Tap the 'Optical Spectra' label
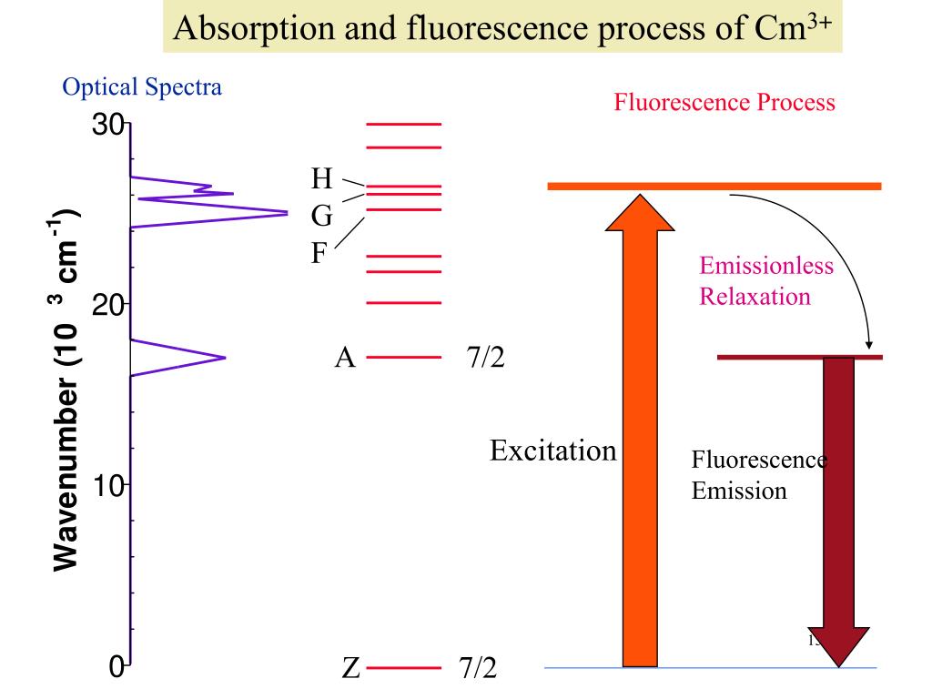pos(142,87)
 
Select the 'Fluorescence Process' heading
pos(724,102)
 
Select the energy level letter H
pos(322,177)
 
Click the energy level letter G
pos(322,216)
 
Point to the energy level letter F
pos(319,252)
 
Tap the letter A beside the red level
pos(344,358)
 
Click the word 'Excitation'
pos(552,450)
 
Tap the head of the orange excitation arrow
pos(640,211)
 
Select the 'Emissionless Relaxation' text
pos(766,281)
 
